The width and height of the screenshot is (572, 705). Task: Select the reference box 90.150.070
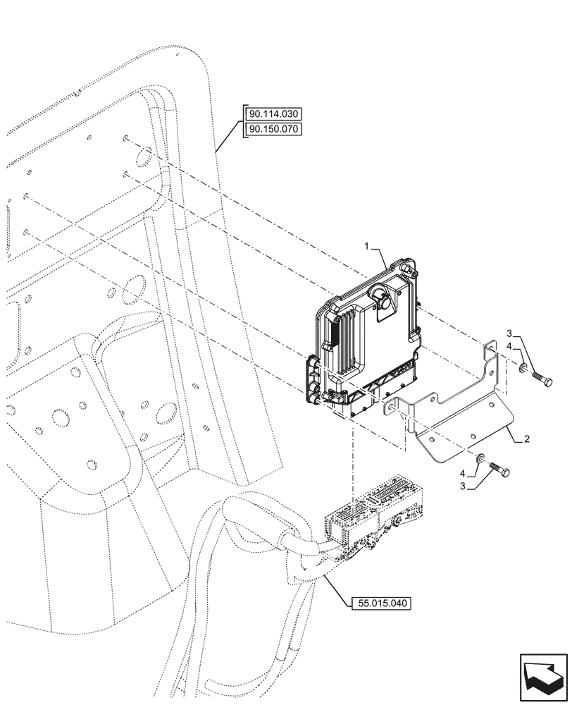(x=273, y=130)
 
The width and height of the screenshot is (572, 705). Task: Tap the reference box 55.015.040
(x=380, y=603)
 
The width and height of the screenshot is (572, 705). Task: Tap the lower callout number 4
(x=462, y=472)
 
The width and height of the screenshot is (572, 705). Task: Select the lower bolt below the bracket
(x=499, y=468)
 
